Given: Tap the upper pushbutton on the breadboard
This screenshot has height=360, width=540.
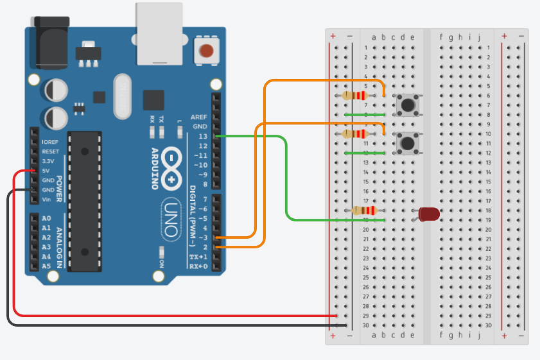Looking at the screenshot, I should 406,105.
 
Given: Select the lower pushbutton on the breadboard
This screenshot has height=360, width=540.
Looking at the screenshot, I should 406,143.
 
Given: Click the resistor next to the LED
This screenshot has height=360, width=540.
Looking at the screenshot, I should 366,210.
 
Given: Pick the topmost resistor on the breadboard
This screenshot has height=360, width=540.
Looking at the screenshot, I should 355,96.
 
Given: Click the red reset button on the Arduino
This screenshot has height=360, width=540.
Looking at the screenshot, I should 206,51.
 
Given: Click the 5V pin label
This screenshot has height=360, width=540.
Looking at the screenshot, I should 46,171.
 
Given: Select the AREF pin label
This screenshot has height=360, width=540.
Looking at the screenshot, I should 199,117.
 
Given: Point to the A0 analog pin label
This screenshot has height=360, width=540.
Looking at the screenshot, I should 46,219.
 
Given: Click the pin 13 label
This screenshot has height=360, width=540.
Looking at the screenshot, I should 203,137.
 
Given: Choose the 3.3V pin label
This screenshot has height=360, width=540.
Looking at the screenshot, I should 48,161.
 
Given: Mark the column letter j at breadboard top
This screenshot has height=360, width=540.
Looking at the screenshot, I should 479,37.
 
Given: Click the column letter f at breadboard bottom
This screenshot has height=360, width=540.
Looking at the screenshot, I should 441,334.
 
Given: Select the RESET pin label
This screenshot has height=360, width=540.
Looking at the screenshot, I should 49,151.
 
